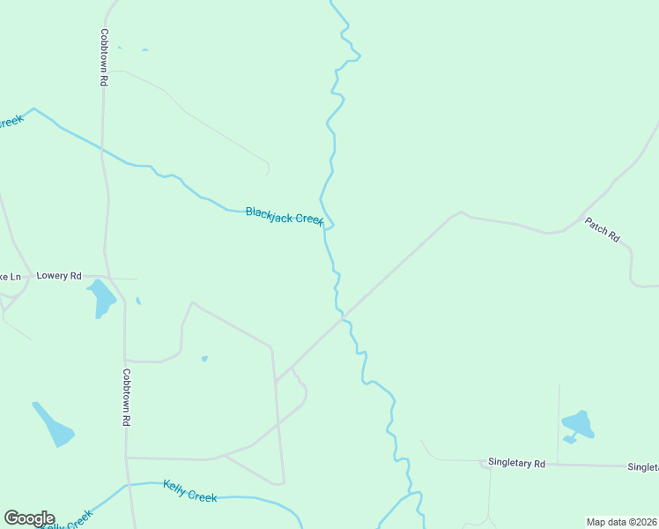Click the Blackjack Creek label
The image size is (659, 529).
285,215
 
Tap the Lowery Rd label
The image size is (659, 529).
59,276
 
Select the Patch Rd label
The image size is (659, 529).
603,230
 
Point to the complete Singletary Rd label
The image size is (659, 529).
517,463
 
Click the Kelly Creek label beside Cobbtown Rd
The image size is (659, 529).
190,491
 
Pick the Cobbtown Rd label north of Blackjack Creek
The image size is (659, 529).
104,56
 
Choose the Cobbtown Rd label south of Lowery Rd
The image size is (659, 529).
127,398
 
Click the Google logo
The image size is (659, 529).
29,518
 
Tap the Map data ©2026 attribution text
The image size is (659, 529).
621,522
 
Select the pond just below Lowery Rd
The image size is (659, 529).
102,298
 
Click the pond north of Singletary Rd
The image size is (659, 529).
578,425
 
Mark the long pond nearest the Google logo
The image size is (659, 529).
54,424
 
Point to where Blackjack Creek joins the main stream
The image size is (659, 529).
327,226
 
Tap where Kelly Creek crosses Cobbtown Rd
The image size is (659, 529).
129,484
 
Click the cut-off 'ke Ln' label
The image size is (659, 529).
10,276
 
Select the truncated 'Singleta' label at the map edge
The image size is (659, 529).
642,466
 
